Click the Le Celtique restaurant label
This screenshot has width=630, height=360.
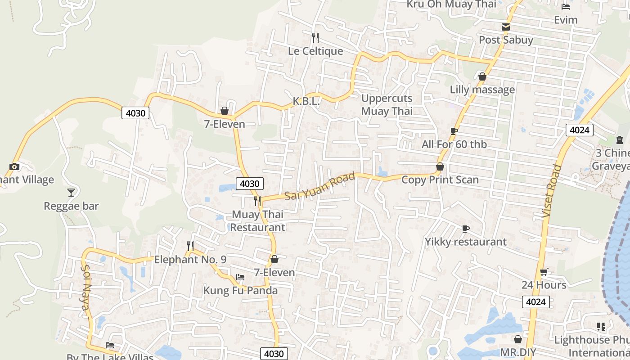(x=315, y=51)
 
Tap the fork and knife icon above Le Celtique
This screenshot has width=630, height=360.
(x=315, y=37)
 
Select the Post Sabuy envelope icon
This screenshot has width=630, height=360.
(x=506, y=27)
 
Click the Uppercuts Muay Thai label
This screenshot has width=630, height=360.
(x=387, y=104)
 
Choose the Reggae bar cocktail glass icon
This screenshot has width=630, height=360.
(x=71, y=193)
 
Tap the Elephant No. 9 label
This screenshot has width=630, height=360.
(x=190, y=260)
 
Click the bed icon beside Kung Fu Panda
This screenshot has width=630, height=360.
(x=240, y=277)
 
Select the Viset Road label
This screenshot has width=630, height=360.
(x=552, y=191)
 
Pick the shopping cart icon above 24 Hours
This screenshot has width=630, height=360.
(x=544, y=272)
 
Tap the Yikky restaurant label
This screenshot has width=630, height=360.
(x=466, y=242)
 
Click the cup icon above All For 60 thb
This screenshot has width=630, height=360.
(x=454, y=131)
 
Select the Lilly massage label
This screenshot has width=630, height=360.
(x=482, y=90)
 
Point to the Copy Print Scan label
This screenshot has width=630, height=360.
(x=440, y=180)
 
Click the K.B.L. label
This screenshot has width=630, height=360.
(x=306, y=102)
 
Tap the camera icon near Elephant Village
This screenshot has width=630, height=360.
(x=14, y=166)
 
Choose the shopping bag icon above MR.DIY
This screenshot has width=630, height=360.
(x=518, y=339)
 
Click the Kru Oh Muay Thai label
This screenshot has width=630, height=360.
(x=451, y=4)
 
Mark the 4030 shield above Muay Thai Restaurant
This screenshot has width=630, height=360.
(x=249, y=184)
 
